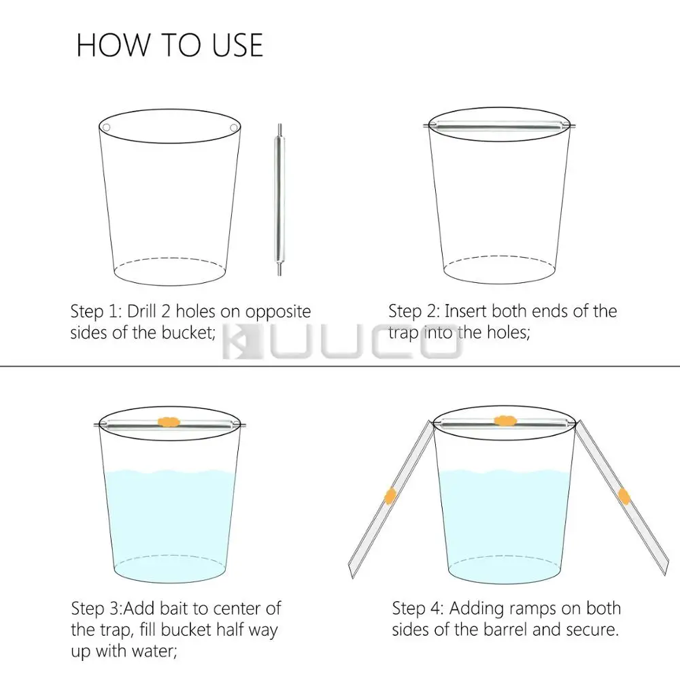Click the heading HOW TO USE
[169, 45]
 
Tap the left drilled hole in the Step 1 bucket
[106, 128]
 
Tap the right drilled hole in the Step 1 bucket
[233, 128]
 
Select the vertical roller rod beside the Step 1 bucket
[279, 199]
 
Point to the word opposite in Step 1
[278, 312]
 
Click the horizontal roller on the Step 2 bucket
[499, 126]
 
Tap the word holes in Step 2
[507, 333]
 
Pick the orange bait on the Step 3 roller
[169, 422]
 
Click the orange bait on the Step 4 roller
[505, 420]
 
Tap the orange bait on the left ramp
[390, 496]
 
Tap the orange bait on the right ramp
[624, 496]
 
